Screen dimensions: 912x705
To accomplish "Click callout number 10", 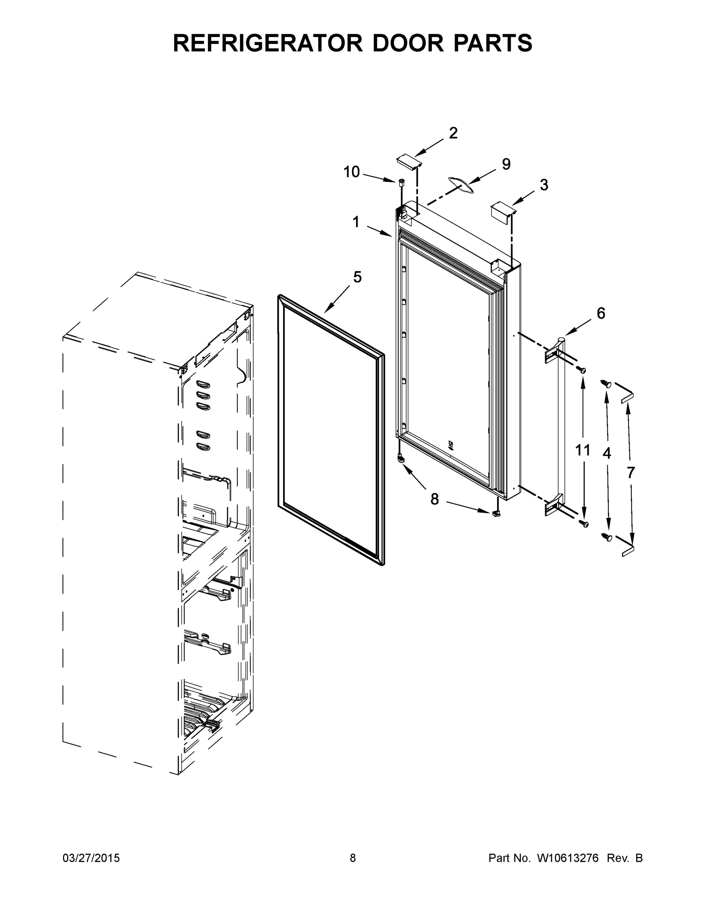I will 351,172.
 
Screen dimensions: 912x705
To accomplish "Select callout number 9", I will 506,164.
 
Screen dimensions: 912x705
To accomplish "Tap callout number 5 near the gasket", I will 357,277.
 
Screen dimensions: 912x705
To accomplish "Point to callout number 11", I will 583,450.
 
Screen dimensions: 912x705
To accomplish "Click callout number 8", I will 435,499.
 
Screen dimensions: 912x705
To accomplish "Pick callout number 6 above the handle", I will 600,313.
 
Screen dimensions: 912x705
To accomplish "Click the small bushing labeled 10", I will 402,182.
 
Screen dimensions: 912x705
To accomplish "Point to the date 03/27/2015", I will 91,858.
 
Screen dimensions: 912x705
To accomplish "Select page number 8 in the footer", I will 353,858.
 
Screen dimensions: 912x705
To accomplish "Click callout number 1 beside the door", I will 356,222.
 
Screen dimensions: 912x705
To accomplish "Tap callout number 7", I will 630,473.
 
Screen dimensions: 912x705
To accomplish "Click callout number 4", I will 607,453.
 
